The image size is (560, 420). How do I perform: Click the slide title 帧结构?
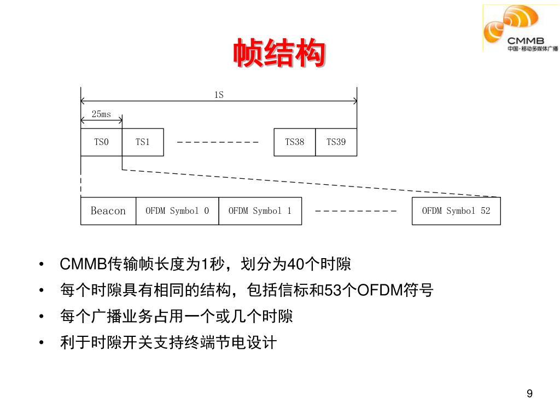[x=279, y=54]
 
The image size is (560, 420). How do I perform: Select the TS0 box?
[x=101, y=142]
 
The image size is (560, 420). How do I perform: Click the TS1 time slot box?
[x=142, y=142]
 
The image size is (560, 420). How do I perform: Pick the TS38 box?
[x=294, y=142]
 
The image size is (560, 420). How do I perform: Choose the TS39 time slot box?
[x=336, y=142]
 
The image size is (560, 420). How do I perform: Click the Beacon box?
[x=108, y=211]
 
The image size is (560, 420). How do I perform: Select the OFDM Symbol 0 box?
[x=177, y=211]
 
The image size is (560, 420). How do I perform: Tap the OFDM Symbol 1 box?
[x=260, y=211]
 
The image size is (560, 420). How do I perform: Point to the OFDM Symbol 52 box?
[x=456, y=211]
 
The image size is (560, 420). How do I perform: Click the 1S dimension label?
[x=219, y=95]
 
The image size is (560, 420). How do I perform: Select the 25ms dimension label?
[x=101, y=114]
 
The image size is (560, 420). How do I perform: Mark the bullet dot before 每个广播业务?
[x=42, y=317]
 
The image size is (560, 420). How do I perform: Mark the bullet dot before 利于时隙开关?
[x=42, y=343]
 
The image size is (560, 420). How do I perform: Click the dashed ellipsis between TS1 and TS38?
[x=218, y=142]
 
